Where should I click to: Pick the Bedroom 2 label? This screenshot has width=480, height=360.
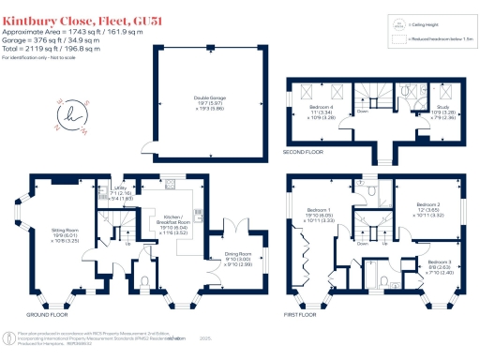(427, 207)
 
